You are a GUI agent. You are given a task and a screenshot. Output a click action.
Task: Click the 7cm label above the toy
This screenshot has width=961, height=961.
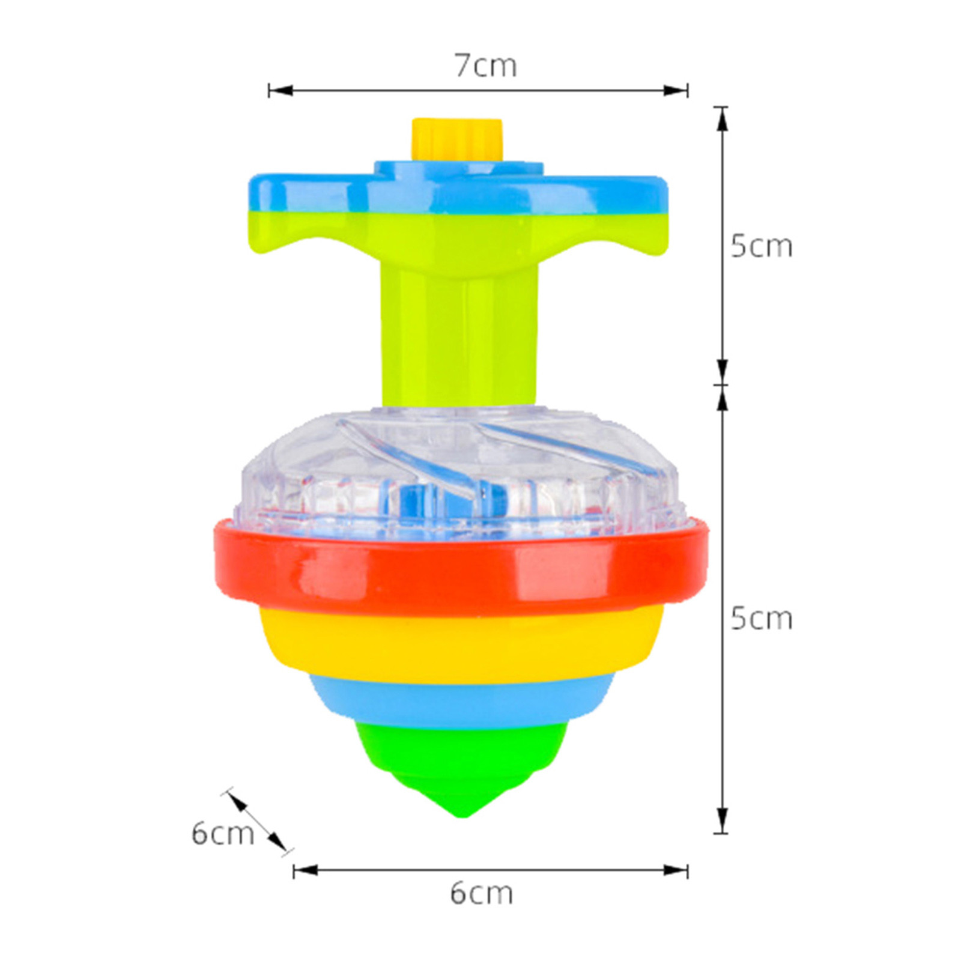(x=485, y=65)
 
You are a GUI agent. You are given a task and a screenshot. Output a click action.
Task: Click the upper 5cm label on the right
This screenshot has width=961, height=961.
(x=761, y=246)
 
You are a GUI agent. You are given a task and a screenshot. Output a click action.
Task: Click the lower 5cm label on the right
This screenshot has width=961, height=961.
(x=761, y=619)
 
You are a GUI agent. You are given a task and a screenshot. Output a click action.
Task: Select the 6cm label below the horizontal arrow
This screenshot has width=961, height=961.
(x=482, y=894)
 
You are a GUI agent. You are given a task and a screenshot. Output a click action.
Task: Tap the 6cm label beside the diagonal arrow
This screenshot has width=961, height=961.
(x=222, y=834)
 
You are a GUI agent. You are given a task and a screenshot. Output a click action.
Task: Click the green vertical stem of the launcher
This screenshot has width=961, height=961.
(x=459, y=336)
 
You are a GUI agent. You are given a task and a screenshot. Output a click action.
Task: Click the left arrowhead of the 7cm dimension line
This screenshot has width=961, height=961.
(x=279, y=91)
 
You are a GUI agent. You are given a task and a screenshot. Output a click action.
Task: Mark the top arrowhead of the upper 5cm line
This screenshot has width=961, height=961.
(x=721, y=120)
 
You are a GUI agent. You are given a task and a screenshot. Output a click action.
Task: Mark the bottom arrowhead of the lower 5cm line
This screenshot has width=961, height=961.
(x=721, y=820)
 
